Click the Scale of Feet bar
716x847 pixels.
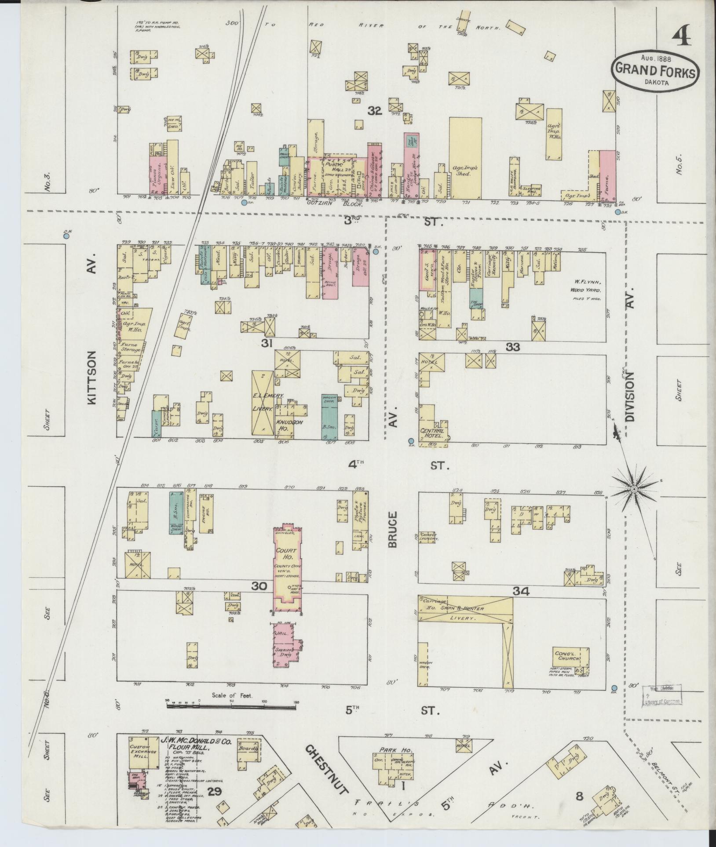click(232, 704)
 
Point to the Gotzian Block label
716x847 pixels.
click(334, 205)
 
